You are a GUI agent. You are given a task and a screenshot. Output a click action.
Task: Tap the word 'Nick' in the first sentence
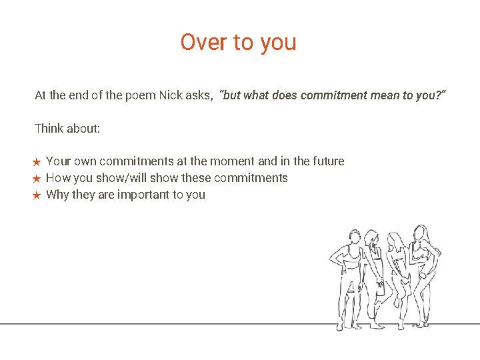(172, 95)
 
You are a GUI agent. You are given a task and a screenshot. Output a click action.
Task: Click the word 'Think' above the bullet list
(49, 128)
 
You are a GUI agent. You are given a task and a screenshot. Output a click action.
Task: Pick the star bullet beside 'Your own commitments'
(37, 162)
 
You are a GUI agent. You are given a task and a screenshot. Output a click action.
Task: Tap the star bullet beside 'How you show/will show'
(37, 179)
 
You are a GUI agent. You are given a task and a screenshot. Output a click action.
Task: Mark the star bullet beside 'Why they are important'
(37, 195)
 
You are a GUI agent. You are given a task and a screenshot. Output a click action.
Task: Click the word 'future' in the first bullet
(328, 161)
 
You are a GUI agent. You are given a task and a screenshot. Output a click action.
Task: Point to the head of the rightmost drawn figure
(421, 233)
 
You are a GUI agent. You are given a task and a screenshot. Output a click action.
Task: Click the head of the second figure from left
(371, 239)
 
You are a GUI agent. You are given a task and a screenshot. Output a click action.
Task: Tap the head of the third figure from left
(395, 241)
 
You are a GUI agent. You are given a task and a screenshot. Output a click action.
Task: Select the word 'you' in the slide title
(279, 43)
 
